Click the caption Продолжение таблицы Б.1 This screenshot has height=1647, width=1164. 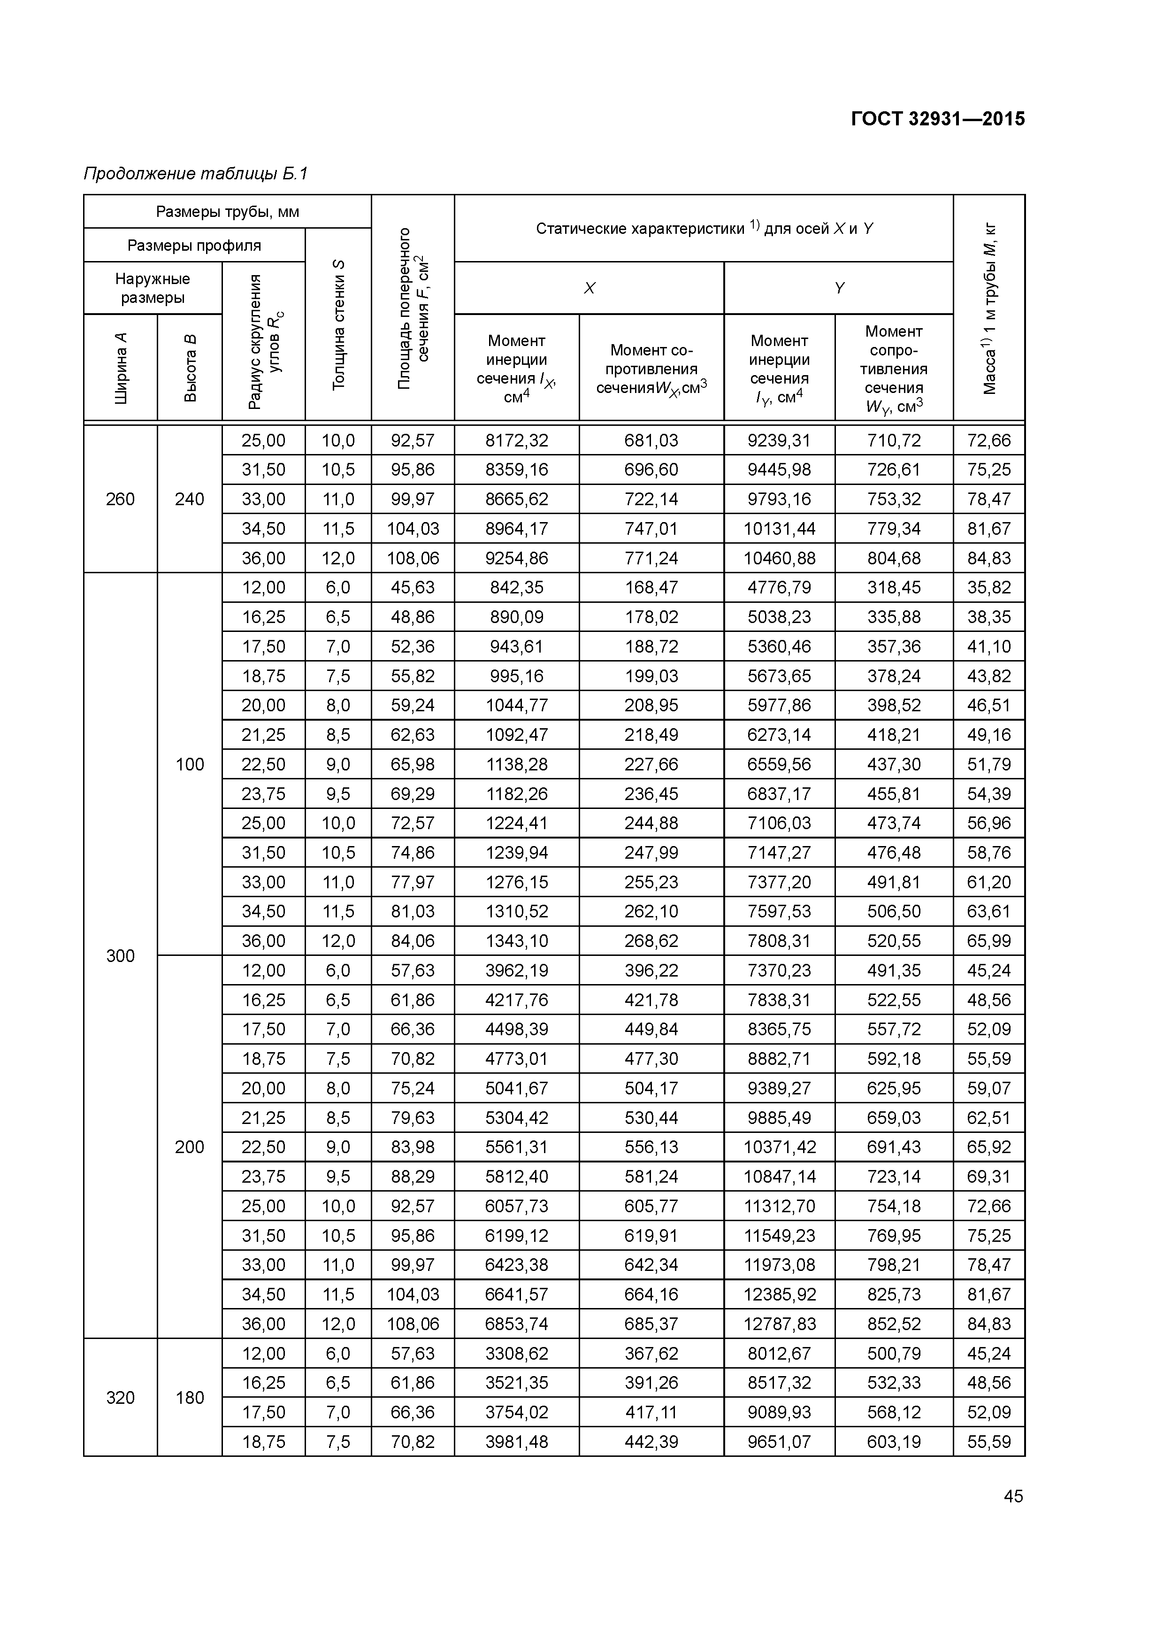click(x=196, y=174)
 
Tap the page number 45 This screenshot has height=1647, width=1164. click(x=1013, y=1496)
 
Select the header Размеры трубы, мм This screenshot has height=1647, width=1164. click(x=227, y=212)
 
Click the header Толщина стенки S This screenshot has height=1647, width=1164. click(x=338, y=325)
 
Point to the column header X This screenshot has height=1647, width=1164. click(x=589, y=288)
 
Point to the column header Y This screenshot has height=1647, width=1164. click(x=838, y=288)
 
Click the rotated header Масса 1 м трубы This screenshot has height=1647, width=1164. click(x=989, y=308)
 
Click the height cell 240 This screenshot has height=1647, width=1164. click(x=189, y=499)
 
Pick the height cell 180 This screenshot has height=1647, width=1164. click(x=189, y=1397)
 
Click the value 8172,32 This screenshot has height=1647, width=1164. click(x=516, y=440)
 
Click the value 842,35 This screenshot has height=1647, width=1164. click(x=516, y=587)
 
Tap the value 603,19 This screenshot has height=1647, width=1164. click(x=894, y=1441)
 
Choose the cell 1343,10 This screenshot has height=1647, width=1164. click(x=516, y=940)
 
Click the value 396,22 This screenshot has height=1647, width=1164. click(x=651, y=970)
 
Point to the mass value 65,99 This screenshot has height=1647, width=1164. click(x=988, y=940)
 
